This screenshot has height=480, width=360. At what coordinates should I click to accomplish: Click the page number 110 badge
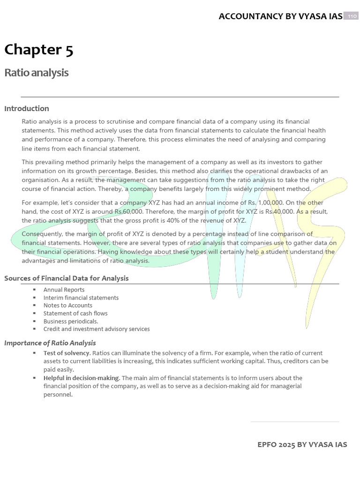click(351, 16)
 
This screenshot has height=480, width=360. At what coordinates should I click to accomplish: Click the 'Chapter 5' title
click(39, 50)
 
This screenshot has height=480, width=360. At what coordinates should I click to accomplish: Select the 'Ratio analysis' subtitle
click(37, 73)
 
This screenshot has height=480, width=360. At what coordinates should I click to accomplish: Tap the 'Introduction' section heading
click(27, 108)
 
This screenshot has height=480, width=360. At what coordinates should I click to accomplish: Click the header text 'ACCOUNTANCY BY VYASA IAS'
click(280, 16)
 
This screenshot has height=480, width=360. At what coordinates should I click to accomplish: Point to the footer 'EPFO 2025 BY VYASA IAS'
click(302, 444)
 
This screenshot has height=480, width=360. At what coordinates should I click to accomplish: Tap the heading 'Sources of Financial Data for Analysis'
click(67, 278)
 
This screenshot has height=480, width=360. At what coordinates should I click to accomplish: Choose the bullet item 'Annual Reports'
click(64, 290)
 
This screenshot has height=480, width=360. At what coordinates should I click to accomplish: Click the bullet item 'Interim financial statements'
click(81, 298)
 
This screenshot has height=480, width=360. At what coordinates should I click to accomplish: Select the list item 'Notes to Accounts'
click(68, 305)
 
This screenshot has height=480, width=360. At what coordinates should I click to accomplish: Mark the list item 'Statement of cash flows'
click(75, 313)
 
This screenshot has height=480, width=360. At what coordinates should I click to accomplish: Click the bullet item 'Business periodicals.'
click(71, 321)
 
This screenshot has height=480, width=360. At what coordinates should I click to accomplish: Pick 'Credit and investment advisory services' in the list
click(97, 329)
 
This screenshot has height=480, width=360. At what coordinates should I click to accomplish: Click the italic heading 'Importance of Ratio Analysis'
click(50, 343)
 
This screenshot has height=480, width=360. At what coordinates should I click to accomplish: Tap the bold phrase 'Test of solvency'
click(67, 353)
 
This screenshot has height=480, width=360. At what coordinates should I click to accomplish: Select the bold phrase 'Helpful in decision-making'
click(82, 378)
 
